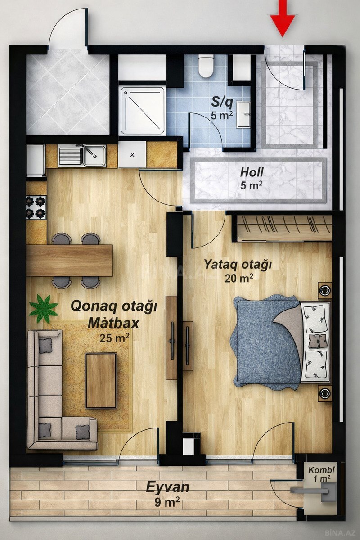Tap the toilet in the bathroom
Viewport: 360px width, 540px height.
tap(206, 66)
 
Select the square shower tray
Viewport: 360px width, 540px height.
tap(143, 111)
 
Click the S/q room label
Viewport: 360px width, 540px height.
tap(222, 103)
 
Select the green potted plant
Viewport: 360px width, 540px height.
tap(44, 309)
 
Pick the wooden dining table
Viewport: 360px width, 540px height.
tap(69, 261)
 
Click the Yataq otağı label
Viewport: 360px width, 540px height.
tap(238, 265)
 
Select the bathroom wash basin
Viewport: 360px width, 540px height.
tap(244, 114)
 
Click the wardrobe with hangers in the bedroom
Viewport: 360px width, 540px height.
tap(284, 228)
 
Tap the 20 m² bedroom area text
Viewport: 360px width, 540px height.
tap(239, 279)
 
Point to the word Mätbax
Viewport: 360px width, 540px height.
tap(113, 324)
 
